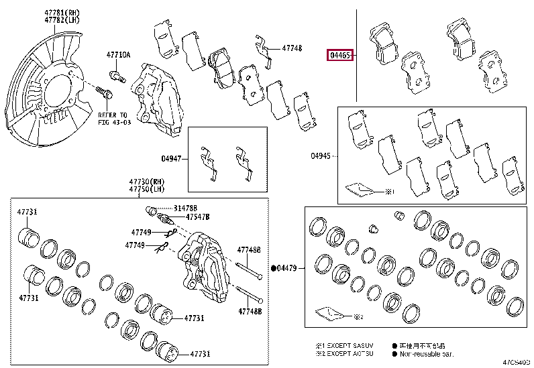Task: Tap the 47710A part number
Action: (x=118, y=55)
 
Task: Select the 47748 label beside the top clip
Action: (x=292, y=48)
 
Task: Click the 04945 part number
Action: (x=321, y=156)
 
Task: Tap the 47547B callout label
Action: (x=198, y=217)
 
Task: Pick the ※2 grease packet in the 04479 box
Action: (x=331, y=313)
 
